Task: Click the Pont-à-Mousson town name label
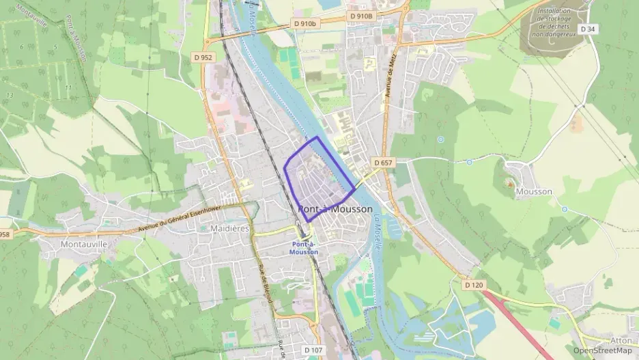[335, 209]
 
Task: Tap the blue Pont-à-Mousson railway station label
[303, 248]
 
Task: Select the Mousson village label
[534, 191]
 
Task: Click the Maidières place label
[229, 228]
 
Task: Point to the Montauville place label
[84, 244]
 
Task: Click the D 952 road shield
[202, 57]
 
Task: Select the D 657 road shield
[382, 163]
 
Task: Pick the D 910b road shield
[305, 23]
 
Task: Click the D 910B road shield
[361, 16]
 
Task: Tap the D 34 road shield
[587, 29]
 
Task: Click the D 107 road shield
[313, 350]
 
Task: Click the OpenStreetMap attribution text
[602, 350]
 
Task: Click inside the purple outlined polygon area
[317, 178]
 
